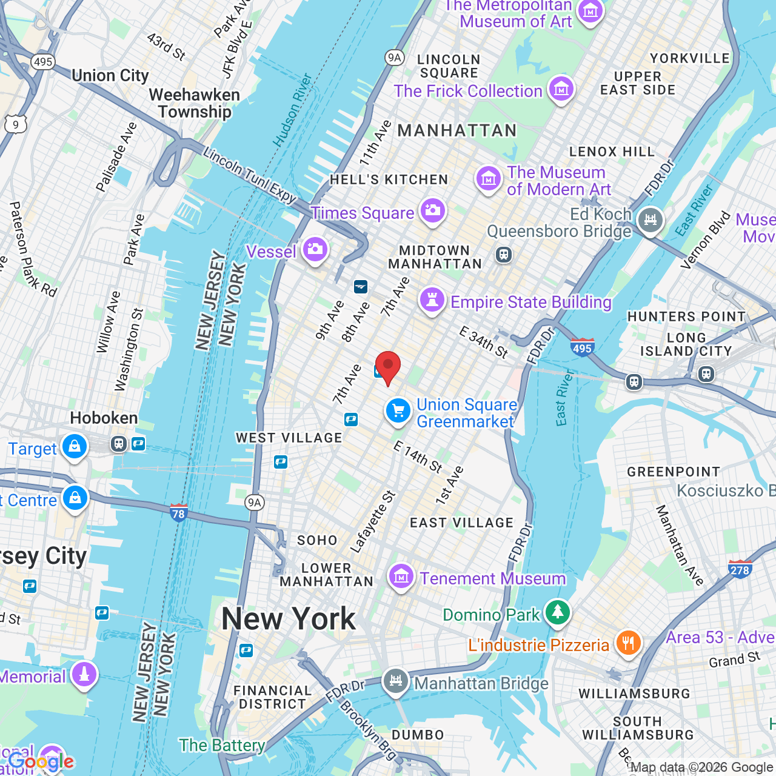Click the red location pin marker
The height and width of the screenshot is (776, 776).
[x=388, y=366]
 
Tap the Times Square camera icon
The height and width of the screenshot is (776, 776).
[x=432, y=211]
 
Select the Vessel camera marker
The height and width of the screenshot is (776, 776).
[x=315, y=249]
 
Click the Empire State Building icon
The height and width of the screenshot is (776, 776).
[x=432, y=300]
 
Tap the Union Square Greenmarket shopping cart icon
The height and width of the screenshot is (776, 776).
[x=398, y=412]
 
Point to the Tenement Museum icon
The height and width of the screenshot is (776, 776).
[x=401, y=577]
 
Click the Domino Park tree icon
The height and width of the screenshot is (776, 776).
[x=558, y=612]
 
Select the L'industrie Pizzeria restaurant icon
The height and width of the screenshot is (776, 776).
[x=628, y=643]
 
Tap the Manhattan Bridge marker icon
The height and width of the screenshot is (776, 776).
[x=395, y=681]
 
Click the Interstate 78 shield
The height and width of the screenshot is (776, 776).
[x=178, y=512]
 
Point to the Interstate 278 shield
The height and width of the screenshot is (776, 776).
[x=740, y=569]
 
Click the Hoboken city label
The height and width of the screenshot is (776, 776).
[x=104, y=418]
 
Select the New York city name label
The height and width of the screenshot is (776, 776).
[x=289, y=619]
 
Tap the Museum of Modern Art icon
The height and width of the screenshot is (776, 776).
[x=488, y=179]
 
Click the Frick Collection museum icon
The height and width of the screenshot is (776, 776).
[x=561, y=89]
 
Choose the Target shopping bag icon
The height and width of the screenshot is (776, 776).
[x=75, y=447]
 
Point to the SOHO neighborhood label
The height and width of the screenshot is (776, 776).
[x=316, y=540]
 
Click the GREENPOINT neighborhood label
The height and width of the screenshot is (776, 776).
[x=674, y=472]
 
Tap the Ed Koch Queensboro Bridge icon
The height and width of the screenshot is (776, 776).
[x=651, y=219]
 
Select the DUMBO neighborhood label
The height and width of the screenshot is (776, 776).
[x=418, y=735]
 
